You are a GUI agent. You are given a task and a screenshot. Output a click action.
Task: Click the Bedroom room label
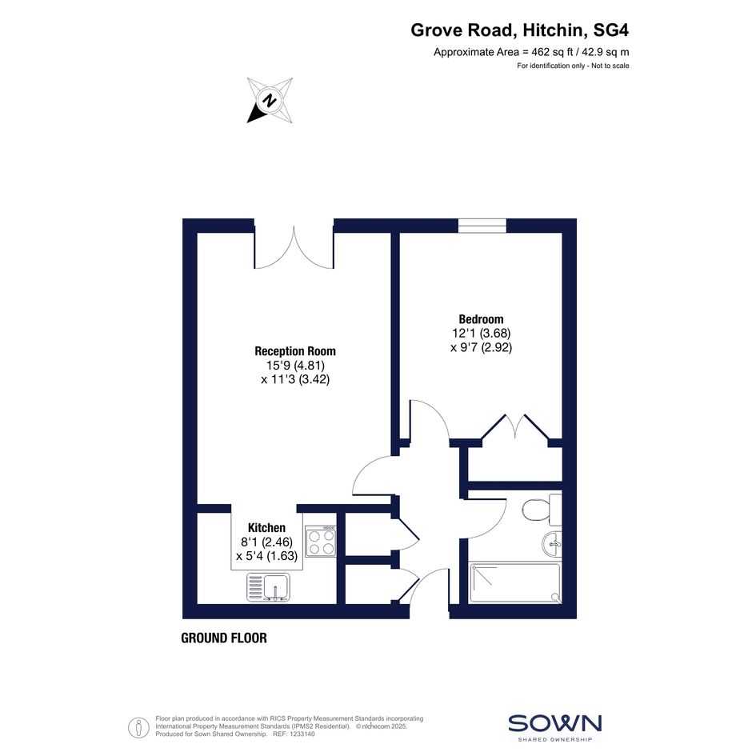pos(481,319)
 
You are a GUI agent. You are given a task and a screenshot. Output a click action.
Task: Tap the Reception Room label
pos(295,351)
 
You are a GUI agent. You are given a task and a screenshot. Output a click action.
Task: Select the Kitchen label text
pos(266,527)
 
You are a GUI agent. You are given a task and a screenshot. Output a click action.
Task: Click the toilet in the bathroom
pos(542,509)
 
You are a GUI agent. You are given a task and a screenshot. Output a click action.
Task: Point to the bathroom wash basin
pos(552,544)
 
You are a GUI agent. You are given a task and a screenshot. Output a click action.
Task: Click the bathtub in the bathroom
pos(515,583)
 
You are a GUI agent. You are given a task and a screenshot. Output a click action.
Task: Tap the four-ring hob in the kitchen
pos(321,541)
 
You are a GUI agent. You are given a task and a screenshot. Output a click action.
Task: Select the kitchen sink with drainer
pos(269,586)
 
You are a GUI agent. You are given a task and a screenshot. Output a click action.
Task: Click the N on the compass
pos(269,101)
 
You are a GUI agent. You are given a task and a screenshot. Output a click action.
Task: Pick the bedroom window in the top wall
pos(482,225)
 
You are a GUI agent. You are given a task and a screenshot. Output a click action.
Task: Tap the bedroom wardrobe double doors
pos(515,426)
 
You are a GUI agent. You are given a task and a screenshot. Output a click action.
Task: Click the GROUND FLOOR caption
pos(224,638)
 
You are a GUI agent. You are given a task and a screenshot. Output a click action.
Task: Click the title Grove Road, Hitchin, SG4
pos(520,30)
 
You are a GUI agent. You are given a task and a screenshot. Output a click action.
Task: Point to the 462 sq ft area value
pos(552,52)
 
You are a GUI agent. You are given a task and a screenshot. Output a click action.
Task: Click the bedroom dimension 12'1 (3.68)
pos(481,333)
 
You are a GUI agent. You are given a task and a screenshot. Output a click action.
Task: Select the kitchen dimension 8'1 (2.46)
pos(266,542)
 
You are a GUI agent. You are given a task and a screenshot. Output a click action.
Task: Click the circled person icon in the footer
pos(139,727)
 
